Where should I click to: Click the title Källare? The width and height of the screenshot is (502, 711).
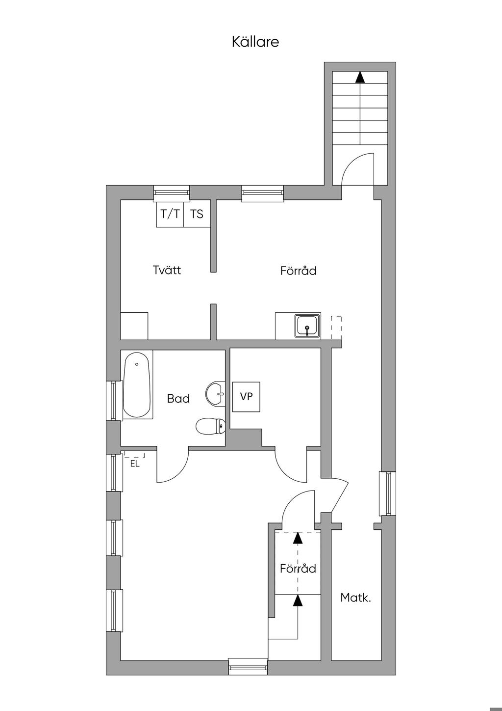(x=255, y=42)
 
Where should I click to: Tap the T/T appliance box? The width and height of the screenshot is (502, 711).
(x=170, y=214)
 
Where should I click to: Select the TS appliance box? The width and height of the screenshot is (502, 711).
(x=197, y=214)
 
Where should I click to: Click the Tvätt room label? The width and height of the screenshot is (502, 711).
(x=167, y=270)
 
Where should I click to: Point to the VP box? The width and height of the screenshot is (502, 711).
(x=246, y=396)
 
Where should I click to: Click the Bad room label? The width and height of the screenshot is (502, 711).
(x=178, y=398)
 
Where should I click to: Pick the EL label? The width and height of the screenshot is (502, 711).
(x=135, y=463)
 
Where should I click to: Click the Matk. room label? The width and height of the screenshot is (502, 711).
(x=355, y=598)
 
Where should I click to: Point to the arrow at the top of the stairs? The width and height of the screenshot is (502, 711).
(x=360, y=77)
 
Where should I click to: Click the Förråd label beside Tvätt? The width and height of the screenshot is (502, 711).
(x=298, y=271)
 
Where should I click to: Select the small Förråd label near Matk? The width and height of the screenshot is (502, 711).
(x=298, y=569)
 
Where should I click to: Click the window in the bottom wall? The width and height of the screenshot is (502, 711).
(x=249, y=667)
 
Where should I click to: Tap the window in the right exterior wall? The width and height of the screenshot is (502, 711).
(x=387, y=493)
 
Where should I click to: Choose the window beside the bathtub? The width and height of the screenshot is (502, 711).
(x=115, y=400)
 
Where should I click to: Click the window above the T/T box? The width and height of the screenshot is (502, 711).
(x=172, y=193)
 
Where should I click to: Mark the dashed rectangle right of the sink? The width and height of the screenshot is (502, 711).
(x=336, y=327)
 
